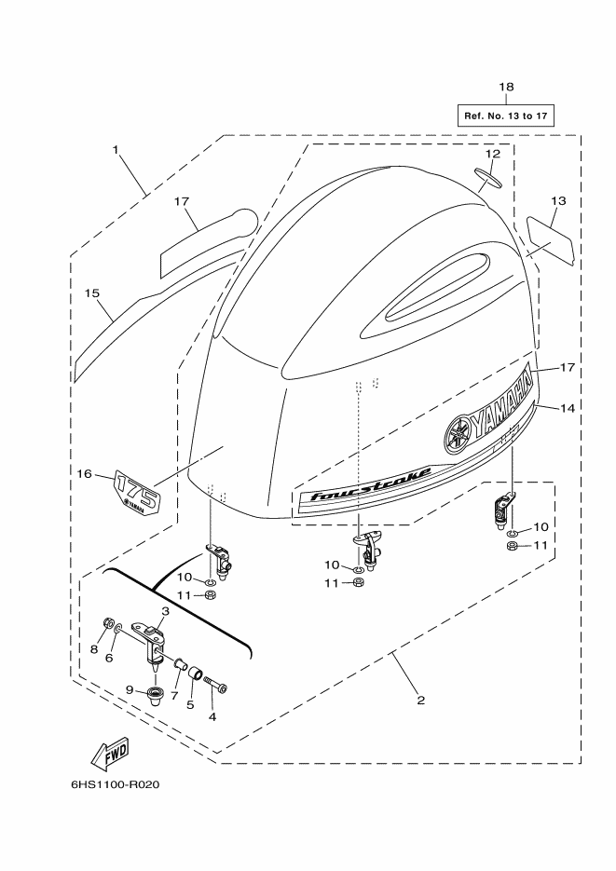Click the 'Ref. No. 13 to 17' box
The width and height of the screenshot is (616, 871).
pyautogui.click(x=505, y=116)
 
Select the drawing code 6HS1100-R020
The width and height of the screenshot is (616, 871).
pyautogui.click(x=115, y=785)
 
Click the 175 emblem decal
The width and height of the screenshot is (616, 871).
pyautogui.click(x=137, y=491)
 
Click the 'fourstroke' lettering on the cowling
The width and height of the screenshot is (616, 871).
pyautogui.click(x=371, y=483)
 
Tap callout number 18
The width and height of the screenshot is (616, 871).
pyautogui.click(x=506, y=87)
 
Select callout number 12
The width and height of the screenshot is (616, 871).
pyautogui.click(x=493, y=154)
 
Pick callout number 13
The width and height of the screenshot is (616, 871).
pyautogui.click(x=558, y=200)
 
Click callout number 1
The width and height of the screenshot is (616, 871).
pyautogui.click(x=116, y=149)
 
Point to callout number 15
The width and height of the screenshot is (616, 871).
pyautogui.click(x=92, y=293)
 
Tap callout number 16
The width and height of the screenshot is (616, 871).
pyautogui.click(x=85, y=473)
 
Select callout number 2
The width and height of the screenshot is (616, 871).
pyautogui.click(x=420, y=700)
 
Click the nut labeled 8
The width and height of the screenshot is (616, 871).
pyautogui.click(x=109, y=624)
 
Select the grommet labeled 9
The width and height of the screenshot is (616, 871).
pyautogui.click(x=155, y=695)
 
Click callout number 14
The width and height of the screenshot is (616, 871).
pyautogui.click(x=568, y=408)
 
